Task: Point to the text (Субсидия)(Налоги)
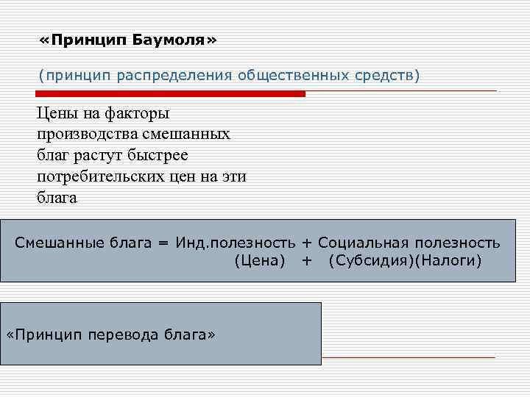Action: click(x=405, y=261)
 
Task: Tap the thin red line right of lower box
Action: click(x=409, y=357)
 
